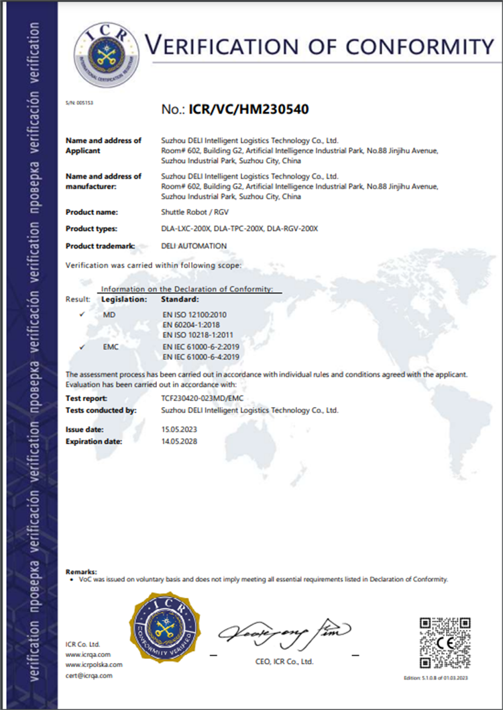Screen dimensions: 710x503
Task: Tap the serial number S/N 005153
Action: point(78,103)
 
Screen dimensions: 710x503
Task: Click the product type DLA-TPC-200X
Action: point(238,229)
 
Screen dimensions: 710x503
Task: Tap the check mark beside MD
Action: point(82,314)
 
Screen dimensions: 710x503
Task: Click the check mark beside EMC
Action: point(82,347)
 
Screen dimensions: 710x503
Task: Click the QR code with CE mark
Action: point(445,643)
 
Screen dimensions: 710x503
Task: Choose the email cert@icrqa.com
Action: point(89,675)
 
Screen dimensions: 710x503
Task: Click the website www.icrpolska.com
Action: point(94,664)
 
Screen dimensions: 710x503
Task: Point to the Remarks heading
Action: point(81,570)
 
